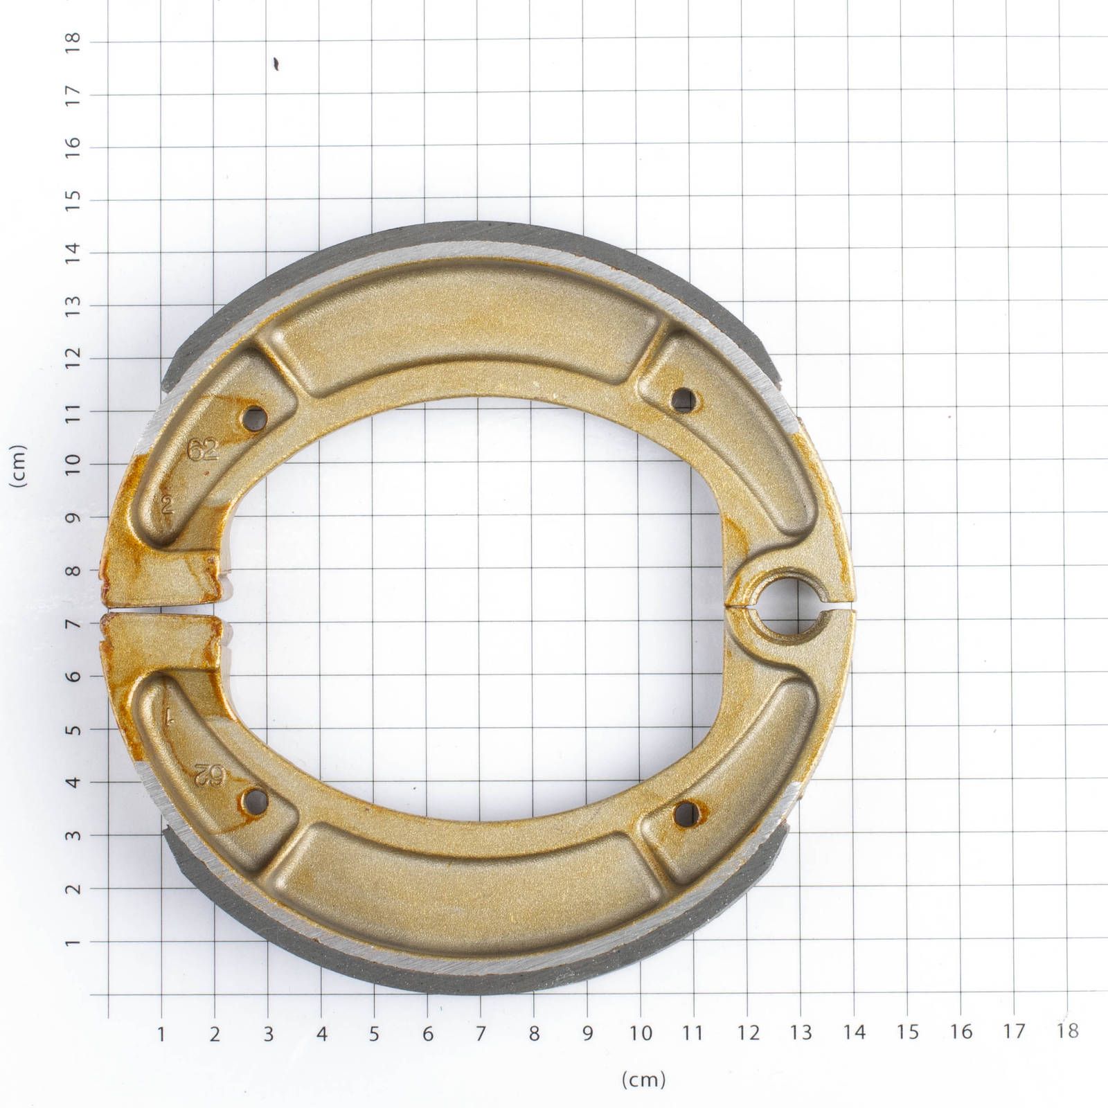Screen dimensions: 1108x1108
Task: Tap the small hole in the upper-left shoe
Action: pyautogui.click(x=257, y=418)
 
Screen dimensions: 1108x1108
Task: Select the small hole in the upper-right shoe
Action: pyautogui.click(x=683, y=398)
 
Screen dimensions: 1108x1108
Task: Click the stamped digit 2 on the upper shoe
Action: pyautogui.click(x=166, y=506)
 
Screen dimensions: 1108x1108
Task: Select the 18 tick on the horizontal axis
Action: pyautogui.click(x=1067, y=1032)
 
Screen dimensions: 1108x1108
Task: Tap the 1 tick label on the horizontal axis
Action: pyautogui.click(x=161, y=1034)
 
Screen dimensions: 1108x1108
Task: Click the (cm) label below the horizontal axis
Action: pyautogui.click(x=644, y=1079)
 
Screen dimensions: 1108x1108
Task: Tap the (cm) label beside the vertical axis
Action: pyautogui.click(x=19, y=465)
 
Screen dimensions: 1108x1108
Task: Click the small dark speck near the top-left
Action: pyautogui.click(x=276, y=64)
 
